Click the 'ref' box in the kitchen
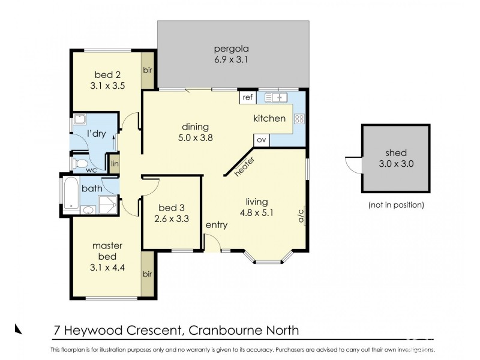[247, 97]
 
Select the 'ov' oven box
[261, 139]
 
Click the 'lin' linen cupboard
[114, 163]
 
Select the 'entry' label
[217, 225]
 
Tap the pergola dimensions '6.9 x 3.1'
[233, 60]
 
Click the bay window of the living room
[269, 258]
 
